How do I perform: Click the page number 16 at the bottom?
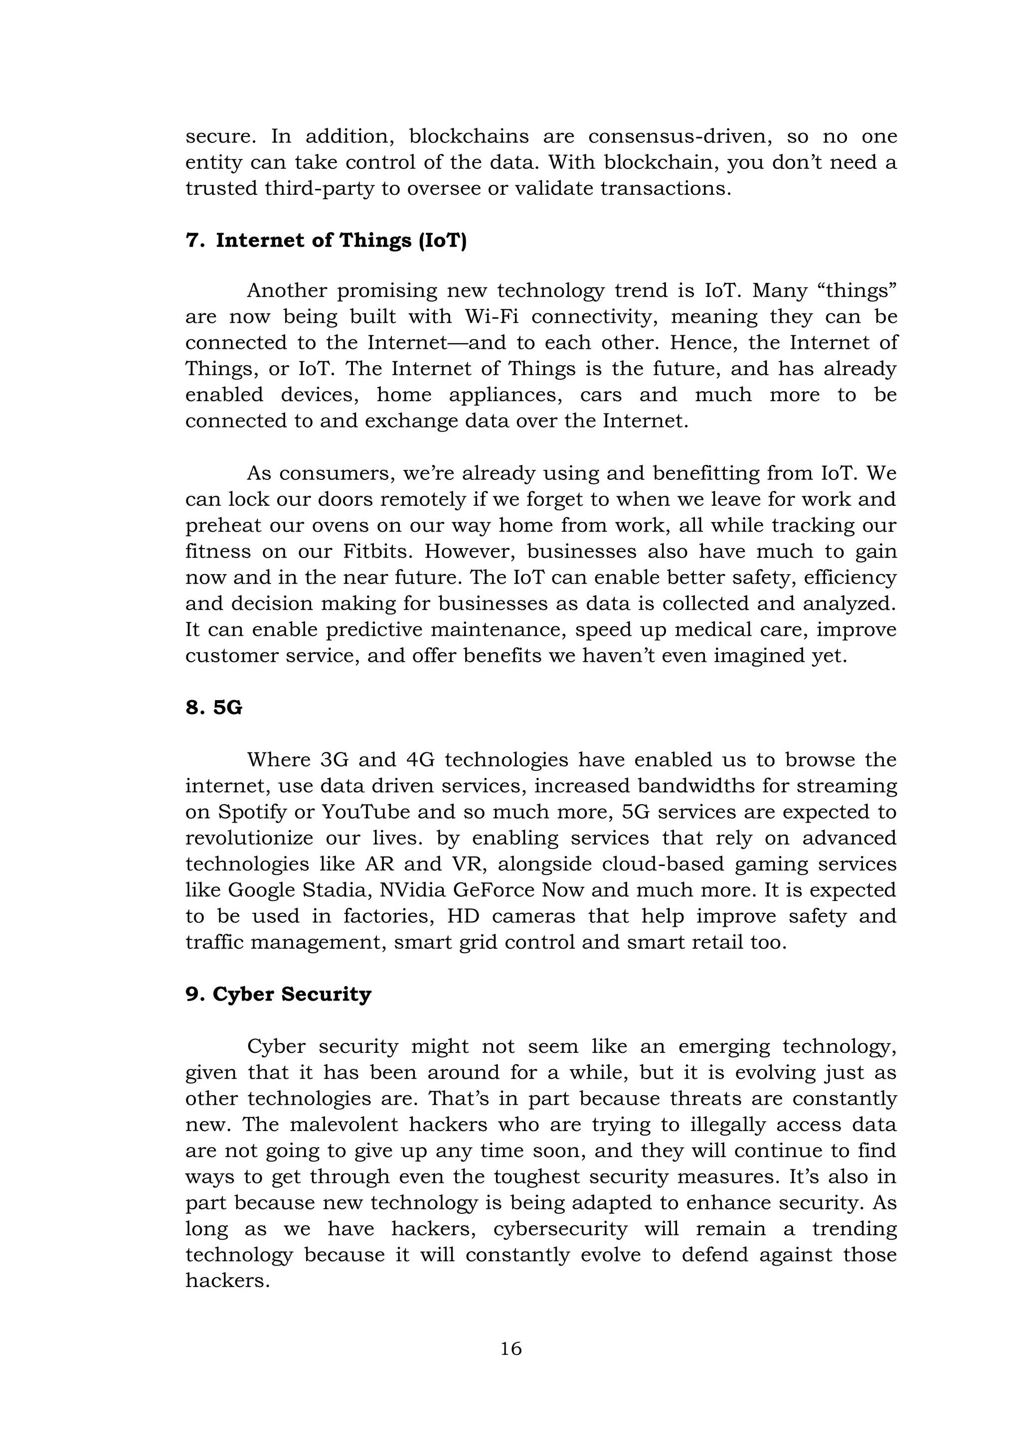[510, 1349]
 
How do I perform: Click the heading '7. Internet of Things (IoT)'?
[327, 241]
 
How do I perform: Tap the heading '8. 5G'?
[214, 708]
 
